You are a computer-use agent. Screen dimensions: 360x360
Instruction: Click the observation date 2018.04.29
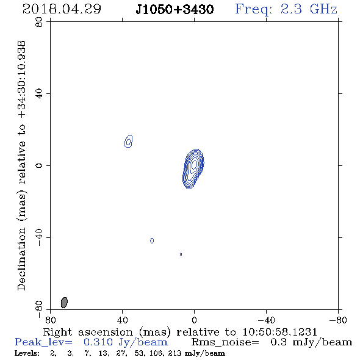(x=62, y=9)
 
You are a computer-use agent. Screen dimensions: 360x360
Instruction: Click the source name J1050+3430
(x=175, y=10)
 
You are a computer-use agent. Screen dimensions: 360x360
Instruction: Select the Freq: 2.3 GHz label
(x=286, y=9)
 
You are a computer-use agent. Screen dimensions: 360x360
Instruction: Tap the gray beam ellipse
(x=64, y=303)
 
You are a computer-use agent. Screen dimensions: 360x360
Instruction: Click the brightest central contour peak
(x=194, y=164)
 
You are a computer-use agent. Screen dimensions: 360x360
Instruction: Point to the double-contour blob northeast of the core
(x=128, y=141)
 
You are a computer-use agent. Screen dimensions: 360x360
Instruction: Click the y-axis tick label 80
(x=39, y=22)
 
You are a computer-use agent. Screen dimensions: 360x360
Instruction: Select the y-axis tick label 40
(x=39, y=94)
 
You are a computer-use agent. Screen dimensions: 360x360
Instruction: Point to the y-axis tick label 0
(x=39, y=165)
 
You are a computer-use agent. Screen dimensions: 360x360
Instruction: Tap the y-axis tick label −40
(x=39, y=237)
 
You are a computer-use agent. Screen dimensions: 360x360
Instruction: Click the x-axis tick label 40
(x=122, y=320)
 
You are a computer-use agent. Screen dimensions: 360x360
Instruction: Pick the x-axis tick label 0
(x=194, y=320)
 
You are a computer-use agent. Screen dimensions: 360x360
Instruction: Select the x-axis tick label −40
(x=266, y=320)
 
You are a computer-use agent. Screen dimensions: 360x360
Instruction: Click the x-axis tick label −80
(x=338, y=320)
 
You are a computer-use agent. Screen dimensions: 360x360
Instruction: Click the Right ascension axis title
(x=180, y=332)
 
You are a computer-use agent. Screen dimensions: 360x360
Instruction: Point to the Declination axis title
(x=21, y=165)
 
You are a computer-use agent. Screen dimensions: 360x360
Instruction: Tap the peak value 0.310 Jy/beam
(x=125, y=342)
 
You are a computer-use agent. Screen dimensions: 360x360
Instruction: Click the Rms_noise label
(x=225, y=342)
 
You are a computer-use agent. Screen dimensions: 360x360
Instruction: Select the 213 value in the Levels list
(x=175, y=353)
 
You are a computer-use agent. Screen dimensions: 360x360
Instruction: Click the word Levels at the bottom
(x=27, y=353)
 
